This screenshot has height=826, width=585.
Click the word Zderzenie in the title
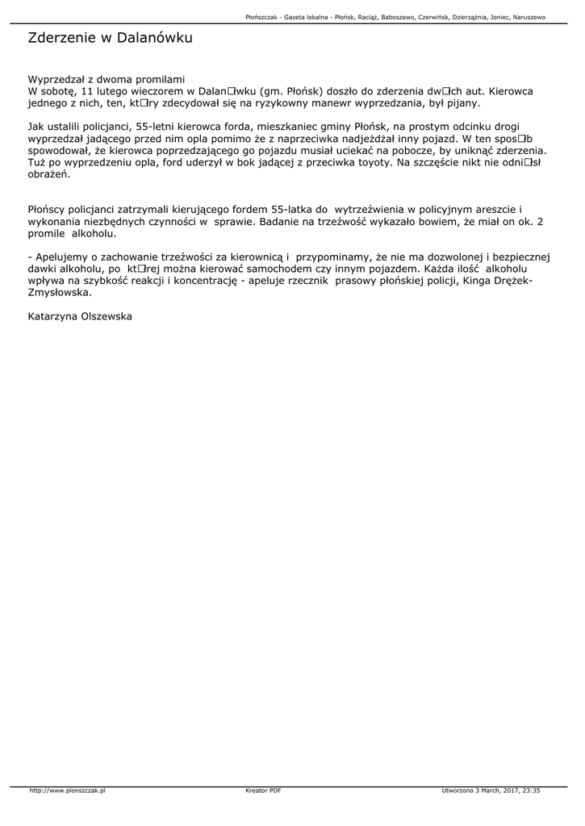[61, 38]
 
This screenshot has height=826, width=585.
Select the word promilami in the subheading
[157, 79]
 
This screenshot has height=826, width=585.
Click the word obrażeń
[49, 174]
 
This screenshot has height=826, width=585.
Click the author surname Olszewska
[102, 317]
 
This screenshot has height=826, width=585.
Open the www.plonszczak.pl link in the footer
[68, 791]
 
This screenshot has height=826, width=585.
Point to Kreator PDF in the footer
[263, 791]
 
